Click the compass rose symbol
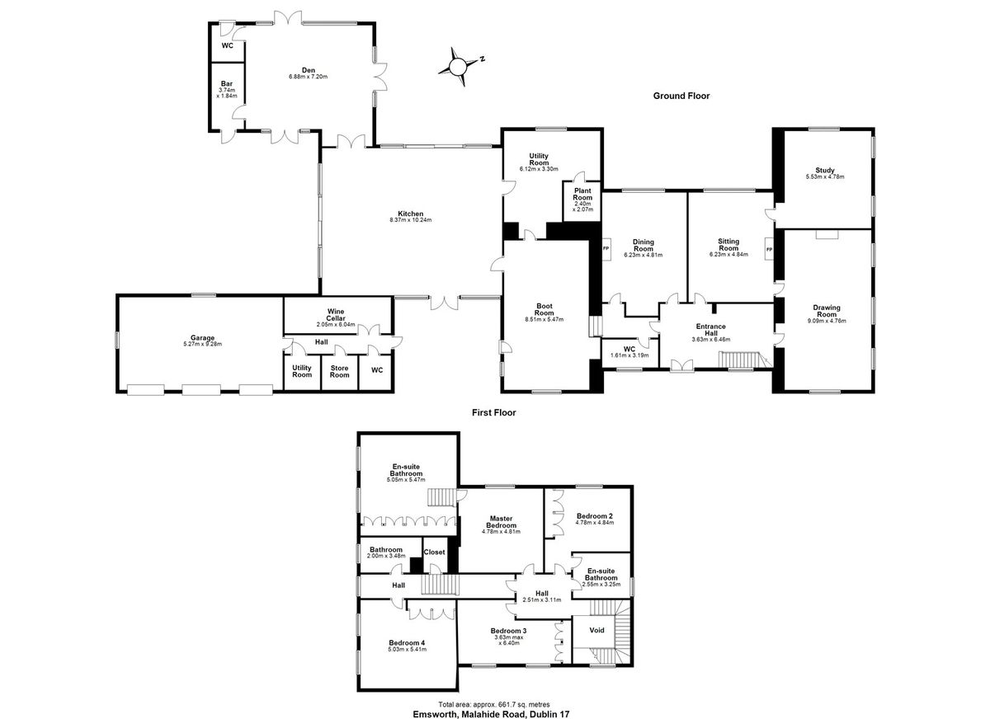tap(459, 67)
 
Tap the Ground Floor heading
tap(681, 96)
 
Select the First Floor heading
tap(493, 412)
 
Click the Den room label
tap(309, 70)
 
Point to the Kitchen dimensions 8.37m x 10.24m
tap(411, 220)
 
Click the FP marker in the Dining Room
tap(606, 248)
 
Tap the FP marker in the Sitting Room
tap(769, 250)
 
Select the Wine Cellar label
tap(336, 314)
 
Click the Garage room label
tap(202, 338)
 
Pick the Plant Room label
tap(582, 194)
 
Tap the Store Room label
tap(339, 371)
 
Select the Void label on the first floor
tap(596, 630)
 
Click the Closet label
tap(434, 552)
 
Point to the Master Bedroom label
tap(502, 522)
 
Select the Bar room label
tap(227, 83)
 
